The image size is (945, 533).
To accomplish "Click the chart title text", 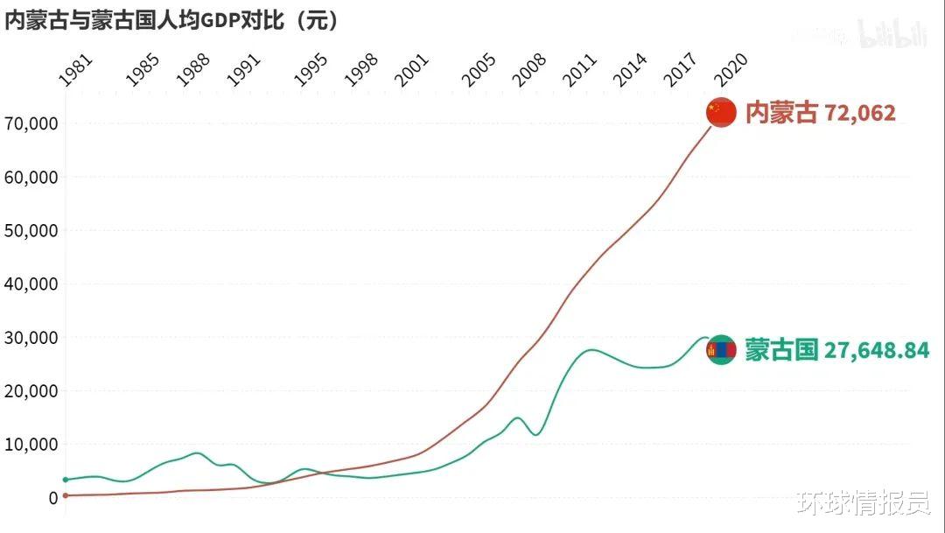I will [x=171, y=20].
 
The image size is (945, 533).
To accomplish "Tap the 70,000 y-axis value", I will [x=31, y=123].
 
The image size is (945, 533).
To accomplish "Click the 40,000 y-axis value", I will [x=31, y=284].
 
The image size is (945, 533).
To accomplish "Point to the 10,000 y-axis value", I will [x=31, y=444].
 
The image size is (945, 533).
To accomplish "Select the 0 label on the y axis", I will [x=53, y=498].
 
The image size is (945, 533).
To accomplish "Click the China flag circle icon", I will [x=721, y=112].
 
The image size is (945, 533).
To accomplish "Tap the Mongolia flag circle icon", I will [x=721, y=350].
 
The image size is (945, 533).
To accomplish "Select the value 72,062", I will [x=860, y=113].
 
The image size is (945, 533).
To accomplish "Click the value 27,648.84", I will [x=877, y=351].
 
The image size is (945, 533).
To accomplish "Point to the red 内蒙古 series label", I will [x=781, y=113].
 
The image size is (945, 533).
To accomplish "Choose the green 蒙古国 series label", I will [x=781, y=351].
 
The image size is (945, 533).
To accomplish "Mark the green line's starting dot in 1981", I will [x=66, y=480].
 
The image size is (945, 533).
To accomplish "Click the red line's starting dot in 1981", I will [x=66, y=495].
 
